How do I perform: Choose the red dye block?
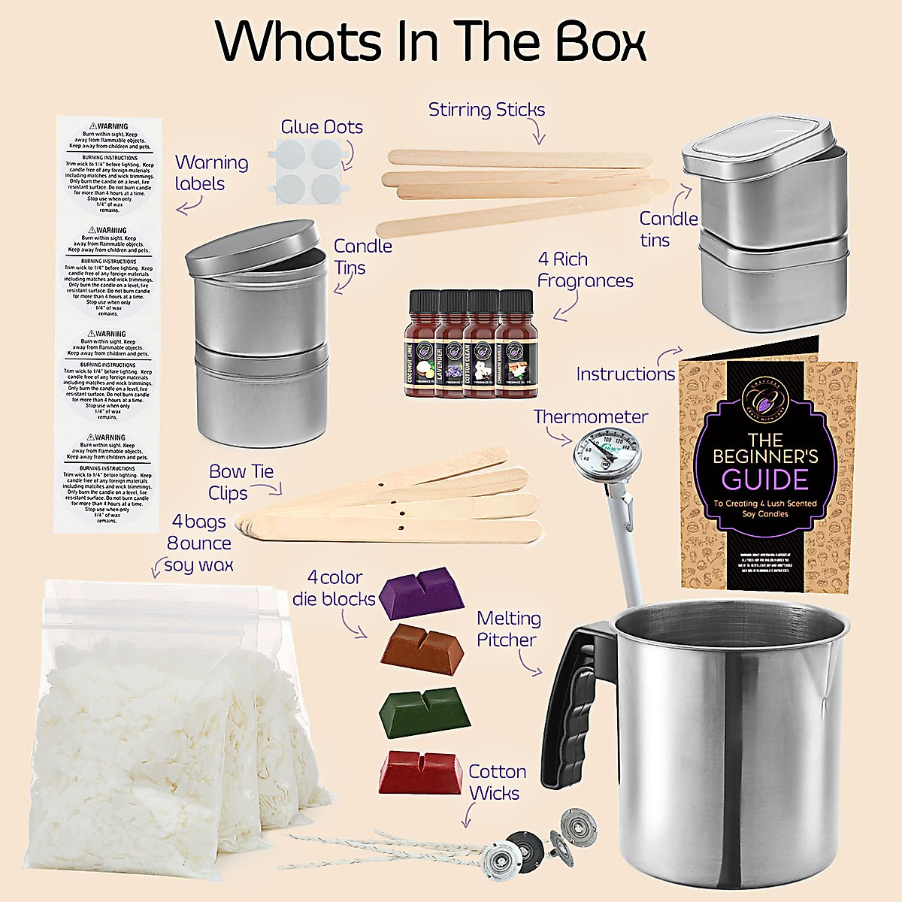pyautogui.click(x=420, y=771)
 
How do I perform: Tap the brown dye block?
pyautogui.click(x=420, y=647)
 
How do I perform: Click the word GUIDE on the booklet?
pyautogui.click(x=764, y=479)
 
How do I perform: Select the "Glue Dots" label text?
pyautogui.click(x=322, y=127)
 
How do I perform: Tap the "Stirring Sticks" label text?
pyautogui.click(x=486, y=110)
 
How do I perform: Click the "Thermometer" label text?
pyautogui.click(x=590, y=416)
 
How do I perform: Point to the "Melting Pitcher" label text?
pyautogui.click(x=508, y=629)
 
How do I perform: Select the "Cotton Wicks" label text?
pyautogui.click(x=496, y=782)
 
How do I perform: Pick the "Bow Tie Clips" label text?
pyautogui.click(x=241, y=482)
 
